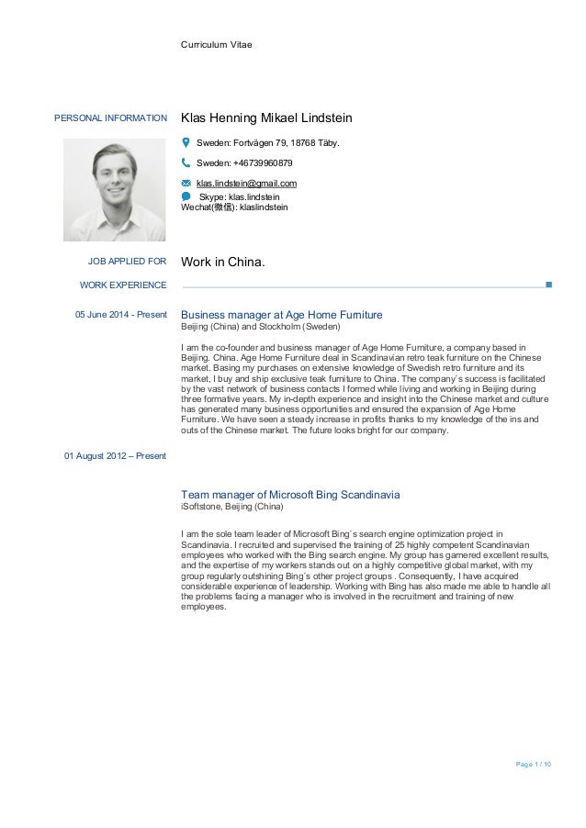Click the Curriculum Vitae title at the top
pos(216,44)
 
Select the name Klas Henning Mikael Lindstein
pos(266,118)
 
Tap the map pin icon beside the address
pos(186,142)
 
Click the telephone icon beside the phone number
pos(186,162)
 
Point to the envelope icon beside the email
pos(186,184)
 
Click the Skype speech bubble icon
pos(186,196)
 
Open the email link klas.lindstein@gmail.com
pos(246,184)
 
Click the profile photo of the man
pos(115,190)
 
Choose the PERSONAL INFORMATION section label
pos(111,118)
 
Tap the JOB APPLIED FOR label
pos(127,263)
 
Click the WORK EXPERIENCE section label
pos(123,285)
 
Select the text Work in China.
pos(223,263)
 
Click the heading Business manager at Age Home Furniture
pos(282,315)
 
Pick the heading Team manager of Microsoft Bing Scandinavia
pos(290,495)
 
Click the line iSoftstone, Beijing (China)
pos(232,507)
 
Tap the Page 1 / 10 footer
pos(534,764)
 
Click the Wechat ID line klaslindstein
pos(234,207)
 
